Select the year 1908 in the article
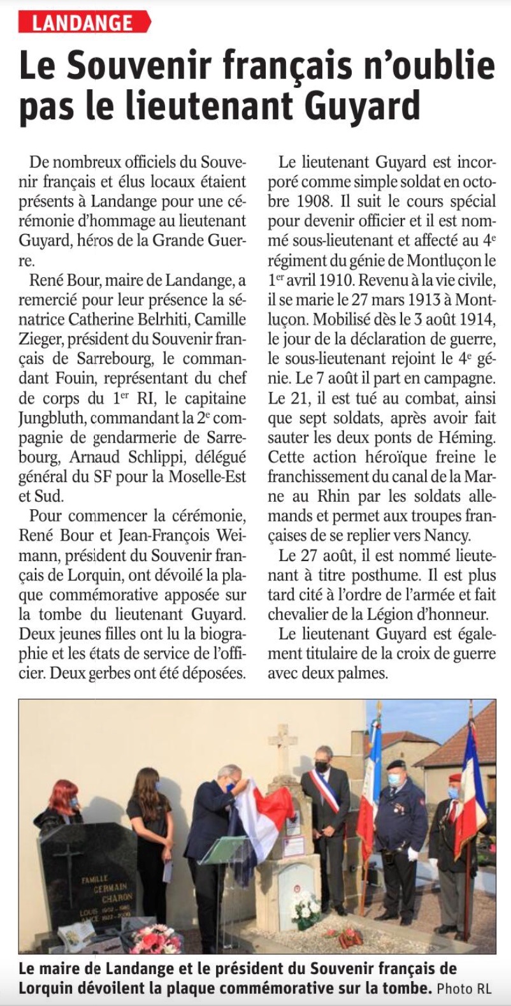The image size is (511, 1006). (x=314, y=201)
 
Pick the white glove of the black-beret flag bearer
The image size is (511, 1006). (x=412, y=853)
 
